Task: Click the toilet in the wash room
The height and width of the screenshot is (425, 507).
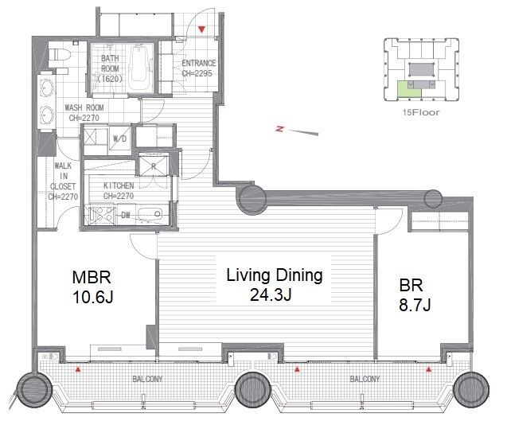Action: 58,54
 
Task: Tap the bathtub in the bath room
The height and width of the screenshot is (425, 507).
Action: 141,67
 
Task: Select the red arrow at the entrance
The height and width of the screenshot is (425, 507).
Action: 202,29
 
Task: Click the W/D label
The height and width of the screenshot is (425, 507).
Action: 119,139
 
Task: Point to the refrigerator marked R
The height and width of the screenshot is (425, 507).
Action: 154,166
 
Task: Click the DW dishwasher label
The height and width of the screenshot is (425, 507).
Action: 126,214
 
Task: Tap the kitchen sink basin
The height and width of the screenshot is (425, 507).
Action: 150,214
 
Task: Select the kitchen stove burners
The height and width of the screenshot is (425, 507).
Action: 102,213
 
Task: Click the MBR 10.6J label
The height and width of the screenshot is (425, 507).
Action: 92,287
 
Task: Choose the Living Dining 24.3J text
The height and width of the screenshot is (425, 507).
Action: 275,285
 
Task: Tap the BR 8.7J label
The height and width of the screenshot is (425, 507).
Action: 415,294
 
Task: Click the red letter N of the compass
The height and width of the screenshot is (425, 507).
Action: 280,129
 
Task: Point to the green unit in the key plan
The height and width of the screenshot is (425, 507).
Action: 409,89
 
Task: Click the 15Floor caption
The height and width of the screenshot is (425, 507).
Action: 421,112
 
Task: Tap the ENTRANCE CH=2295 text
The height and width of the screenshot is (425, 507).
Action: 198,68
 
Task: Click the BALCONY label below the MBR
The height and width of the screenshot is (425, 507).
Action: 147,379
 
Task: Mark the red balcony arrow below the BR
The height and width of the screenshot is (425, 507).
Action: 429,369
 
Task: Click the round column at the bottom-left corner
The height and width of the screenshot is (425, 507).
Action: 33,389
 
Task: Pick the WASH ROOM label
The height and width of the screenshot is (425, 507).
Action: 84,107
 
